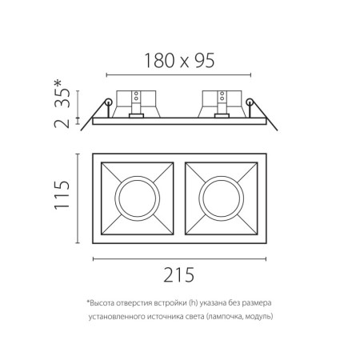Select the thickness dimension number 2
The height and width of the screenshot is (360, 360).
62,121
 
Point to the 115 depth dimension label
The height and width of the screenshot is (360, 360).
62,195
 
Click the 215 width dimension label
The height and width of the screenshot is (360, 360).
179,274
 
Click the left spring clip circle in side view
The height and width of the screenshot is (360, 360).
107,102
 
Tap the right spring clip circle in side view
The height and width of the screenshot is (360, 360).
250,102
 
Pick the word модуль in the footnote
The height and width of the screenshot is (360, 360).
258,317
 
